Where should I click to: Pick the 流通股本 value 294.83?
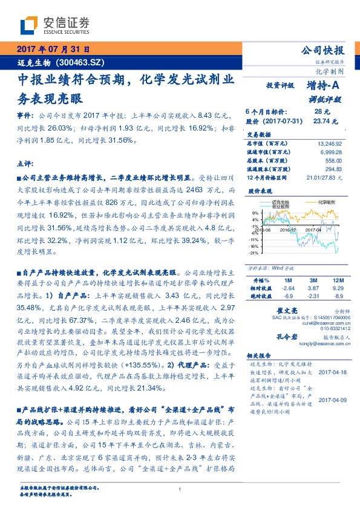coord(333,170)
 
